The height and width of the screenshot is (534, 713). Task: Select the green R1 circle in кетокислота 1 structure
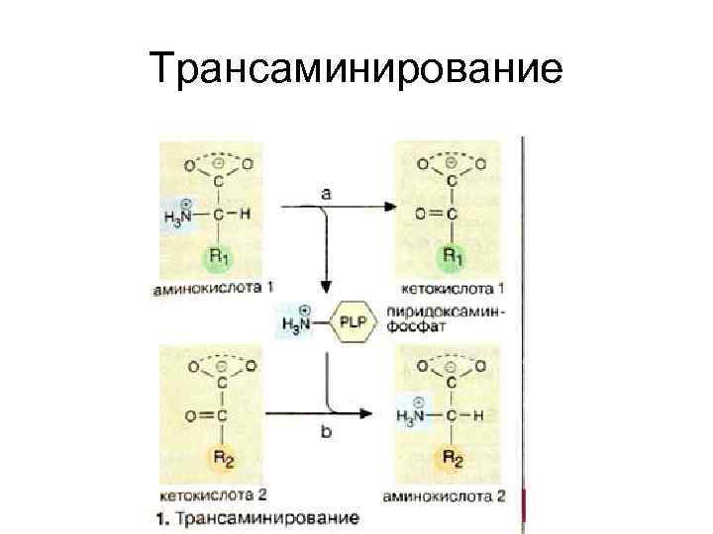tap(452, 258)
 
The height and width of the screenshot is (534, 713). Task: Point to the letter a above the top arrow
tap(326, 194)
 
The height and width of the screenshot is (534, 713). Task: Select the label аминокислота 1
tap(212, 289)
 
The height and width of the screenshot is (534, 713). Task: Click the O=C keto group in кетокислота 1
tap(432, 214)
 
